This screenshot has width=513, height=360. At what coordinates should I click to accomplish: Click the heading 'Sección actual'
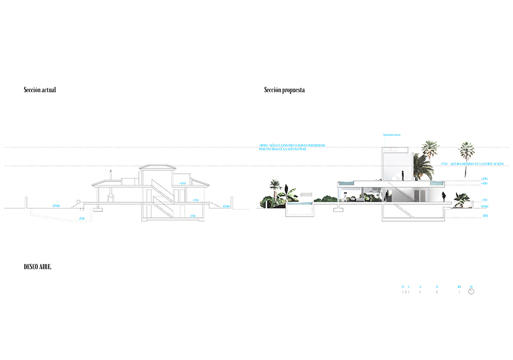tap(40, 90)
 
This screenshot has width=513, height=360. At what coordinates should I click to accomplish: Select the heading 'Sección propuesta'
tap(285, 90)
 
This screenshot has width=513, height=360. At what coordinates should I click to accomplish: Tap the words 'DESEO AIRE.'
tap(37, 267)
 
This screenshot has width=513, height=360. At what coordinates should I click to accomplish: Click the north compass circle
tap(471, 292)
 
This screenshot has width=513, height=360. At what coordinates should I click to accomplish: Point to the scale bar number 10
tap(460, 287)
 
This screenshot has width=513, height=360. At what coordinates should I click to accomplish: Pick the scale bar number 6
tap(437, 287)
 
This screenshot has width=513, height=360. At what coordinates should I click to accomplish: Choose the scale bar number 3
tap(420, 287)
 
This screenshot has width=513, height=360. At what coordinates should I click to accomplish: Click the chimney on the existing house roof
tap(110, 175)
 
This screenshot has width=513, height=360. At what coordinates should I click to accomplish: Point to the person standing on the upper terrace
tap(402, 175)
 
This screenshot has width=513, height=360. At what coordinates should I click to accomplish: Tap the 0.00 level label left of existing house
tap(56, 206)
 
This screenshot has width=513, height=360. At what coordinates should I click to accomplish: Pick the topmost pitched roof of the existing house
tap(156, 167)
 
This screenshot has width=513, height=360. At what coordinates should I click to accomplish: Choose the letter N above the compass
tap(471, 287)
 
